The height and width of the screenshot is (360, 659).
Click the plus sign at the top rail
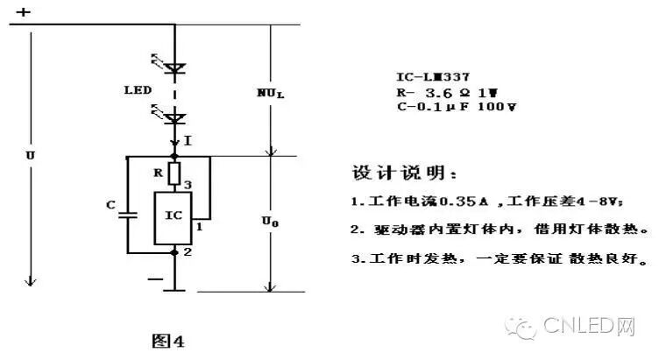[24, 12]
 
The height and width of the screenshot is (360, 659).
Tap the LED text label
[139, 90]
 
